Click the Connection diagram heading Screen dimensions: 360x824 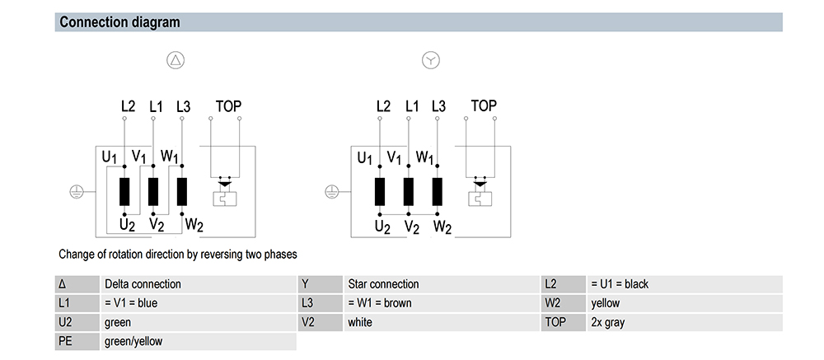click(x=119, y=22)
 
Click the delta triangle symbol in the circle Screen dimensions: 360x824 click(x=176, y=60)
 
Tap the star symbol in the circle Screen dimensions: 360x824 click(x=431, y=60)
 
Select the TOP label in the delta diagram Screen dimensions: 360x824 click(x=228, y=106)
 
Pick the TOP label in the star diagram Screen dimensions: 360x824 click(x=484, y=106)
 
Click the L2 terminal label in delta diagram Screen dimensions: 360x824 click(x=128, y=106)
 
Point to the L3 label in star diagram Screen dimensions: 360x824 click(x=438, y=106)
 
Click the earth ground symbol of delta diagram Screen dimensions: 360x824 click(x=76, y=191)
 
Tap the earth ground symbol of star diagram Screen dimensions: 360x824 click(x=331, y=191)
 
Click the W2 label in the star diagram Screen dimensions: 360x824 click(x=442, y=225)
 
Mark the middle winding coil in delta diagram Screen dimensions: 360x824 click(x=153, y=191)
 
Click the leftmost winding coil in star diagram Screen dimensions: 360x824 click(x=380, y=191)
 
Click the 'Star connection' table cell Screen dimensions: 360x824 click(x=383, y=284)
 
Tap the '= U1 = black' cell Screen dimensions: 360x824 click(x=620, y=284)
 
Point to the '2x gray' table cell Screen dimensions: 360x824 click(x=607, y=322)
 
